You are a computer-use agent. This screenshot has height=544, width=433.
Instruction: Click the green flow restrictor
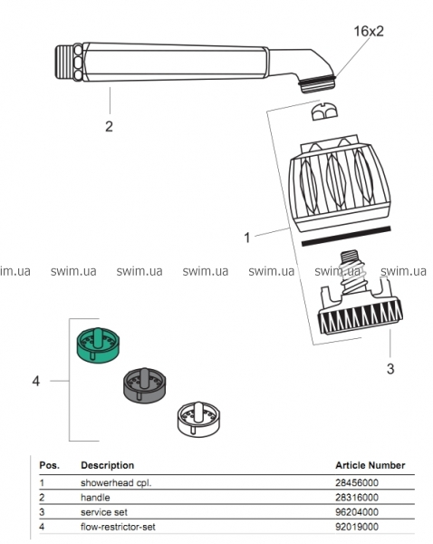98,345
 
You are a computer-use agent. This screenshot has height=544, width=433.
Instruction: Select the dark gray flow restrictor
145,385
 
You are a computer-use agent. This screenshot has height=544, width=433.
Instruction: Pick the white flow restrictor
198,419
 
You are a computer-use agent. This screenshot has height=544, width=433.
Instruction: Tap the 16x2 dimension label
369,31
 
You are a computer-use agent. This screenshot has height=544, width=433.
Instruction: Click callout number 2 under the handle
110,127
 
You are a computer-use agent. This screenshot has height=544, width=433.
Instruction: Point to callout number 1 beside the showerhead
246,238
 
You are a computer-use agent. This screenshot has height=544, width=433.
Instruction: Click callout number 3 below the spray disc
390,368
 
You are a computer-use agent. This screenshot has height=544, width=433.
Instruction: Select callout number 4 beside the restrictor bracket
36,382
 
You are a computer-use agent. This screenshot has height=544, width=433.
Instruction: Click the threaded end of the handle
64,61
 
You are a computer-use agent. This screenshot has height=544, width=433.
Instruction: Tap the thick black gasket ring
346,236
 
